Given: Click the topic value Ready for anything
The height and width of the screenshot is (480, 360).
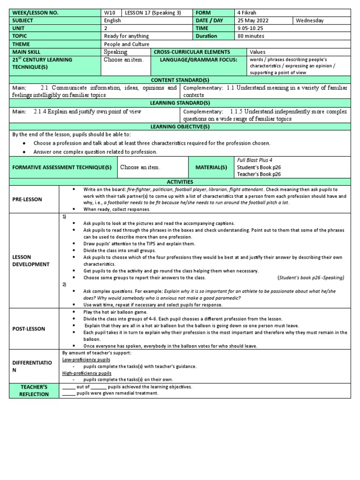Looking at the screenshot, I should [x=127, y=36].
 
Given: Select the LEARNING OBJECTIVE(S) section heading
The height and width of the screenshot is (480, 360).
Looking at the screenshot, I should [x=180, y=127].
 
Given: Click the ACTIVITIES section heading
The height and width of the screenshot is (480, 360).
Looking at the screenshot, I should [x=180, y=181].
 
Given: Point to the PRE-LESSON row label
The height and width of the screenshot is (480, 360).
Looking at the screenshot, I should [x=27, y=199].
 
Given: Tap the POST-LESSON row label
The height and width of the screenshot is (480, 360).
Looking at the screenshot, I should [x=29, y=329].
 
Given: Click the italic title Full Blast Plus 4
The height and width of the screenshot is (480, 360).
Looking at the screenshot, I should [x=255, y=160].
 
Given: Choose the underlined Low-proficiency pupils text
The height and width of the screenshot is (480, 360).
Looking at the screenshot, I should [x=86, y=359].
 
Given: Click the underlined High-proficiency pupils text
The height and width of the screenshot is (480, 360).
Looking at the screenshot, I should [x=87, y=373].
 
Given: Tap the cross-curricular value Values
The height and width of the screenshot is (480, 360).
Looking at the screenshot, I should [x=258, y=52].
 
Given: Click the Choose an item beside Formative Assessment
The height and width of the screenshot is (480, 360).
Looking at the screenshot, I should [x=140, y=167].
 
